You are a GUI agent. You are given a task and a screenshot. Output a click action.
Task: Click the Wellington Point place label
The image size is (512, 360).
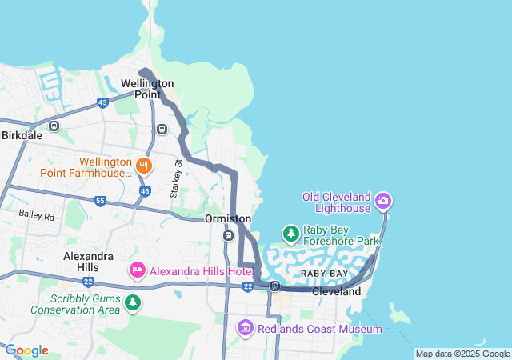[147, 88]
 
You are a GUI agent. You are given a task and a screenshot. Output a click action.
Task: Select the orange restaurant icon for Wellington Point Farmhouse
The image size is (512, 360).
[144, 166]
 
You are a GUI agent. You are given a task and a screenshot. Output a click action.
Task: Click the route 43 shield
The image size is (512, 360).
[102, 102]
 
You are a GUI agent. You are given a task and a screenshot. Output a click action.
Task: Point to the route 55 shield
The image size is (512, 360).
[100, 201]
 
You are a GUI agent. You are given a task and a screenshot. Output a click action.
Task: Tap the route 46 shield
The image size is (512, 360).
[145, 191]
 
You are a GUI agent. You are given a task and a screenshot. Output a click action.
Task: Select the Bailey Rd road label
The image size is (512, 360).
[38, 216]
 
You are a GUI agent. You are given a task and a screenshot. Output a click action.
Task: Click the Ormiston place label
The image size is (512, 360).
[228, 218]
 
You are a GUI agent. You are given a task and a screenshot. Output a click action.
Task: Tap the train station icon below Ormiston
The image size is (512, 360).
[228, 236]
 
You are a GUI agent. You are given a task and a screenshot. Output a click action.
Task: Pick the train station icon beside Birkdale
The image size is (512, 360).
[54, 126]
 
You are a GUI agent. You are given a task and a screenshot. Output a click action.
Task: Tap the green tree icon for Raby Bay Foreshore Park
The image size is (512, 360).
[291, 234]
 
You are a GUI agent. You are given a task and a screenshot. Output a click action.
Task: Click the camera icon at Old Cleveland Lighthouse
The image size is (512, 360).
[383, 200]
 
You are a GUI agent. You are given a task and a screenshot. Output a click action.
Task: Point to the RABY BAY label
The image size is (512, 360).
[324, 274]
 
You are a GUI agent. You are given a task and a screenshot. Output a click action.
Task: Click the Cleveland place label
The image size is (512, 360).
[336, 292]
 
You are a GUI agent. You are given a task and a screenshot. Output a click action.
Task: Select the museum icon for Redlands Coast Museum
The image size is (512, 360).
[246, 328]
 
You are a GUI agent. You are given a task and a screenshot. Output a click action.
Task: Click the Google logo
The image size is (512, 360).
[26, 350]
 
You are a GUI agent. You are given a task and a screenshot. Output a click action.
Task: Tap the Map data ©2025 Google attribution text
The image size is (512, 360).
[462, 354]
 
